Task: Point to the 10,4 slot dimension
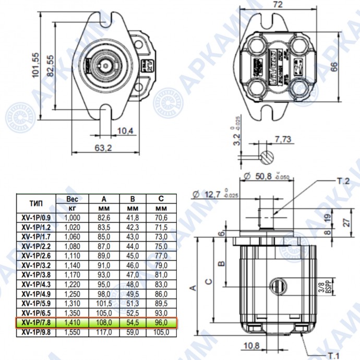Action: point(126,130)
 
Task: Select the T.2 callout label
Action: point(339,181)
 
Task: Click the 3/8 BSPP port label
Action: point(325,286)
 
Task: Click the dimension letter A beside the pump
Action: point(193,287)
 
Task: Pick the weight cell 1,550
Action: point(73,331)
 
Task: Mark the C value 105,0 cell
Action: point(161,331)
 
